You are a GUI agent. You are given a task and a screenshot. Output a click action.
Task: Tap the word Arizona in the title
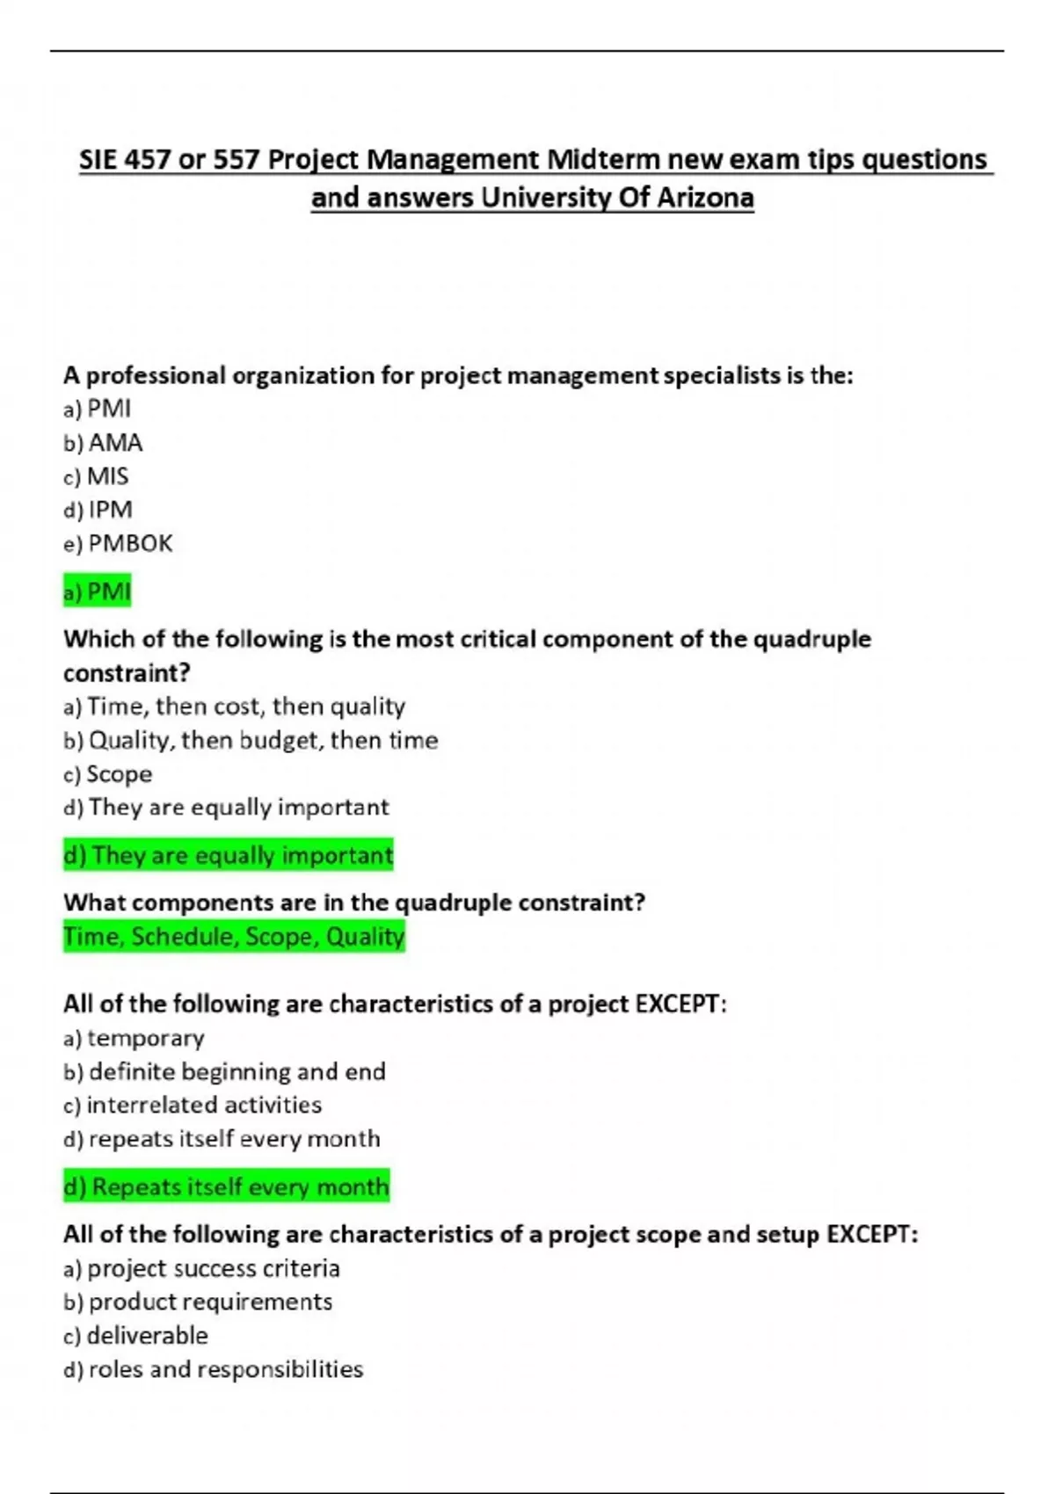[x=705, y=198]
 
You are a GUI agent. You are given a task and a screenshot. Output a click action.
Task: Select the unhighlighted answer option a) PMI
[x=98, y=409]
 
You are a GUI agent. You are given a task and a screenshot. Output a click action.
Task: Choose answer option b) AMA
[x=104, y=443]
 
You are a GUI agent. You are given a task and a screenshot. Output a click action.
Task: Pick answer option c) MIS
[x=97, y=476]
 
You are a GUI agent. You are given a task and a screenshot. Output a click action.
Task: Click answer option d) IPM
[x=98, y=510]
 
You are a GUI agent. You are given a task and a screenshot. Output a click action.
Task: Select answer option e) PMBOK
[x=119, y=544]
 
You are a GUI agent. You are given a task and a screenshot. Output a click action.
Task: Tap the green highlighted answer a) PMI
[x=98, y=591]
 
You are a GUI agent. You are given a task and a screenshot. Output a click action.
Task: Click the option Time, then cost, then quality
[x=235, y=707]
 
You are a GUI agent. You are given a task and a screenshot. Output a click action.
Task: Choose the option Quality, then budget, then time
[x=251, y=741]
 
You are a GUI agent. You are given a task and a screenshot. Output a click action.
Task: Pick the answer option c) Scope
[x=108, y=774]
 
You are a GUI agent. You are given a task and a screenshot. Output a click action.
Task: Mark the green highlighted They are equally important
[x=229, y=855]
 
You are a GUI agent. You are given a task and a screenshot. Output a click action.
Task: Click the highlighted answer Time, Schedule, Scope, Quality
[x=234, y=937]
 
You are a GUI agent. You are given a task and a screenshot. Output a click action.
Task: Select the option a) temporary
[x=134, y=1038]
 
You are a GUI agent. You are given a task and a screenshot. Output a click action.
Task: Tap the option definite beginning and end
[x=225, y=1072]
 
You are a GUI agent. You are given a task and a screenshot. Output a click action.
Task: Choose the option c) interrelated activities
[x=193, y=1105]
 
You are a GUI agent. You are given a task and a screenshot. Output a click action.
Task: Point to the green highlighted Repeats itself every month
[x=227, y=1187]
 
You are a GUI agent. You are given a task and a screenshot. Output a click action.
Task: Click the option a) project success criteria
[x=201, y=1268]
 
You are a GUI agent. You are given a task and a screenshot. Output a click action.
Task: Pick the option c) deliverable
[x=136, y=1336]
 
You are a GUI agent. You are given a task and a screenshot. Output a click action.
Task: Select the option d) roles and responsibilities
[x=214, y=1369]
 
